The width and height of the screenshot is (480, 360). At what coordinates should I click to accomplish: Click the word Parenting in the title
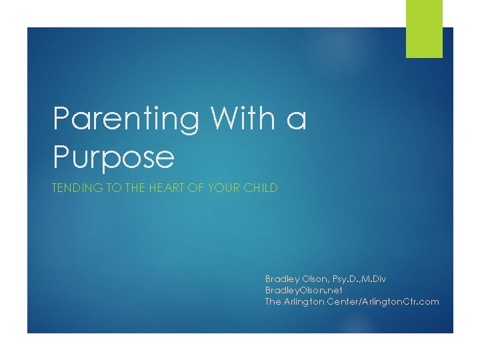coord(126,119)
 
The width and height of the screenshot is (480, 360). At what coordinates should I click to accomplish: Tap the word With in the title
coord(243,117)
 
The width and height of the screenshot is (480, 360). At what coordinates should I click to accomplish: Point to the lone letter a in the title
coord(296,120)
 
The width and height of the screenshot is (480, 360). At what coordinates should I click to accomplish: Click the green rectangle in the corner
coord(424,29)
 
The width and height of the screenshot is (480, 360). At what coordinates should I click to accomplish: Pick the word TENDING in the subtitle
coord(78,187)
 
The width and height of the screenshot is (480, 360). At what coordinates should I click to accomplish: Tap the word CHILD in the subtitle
coord(261,187)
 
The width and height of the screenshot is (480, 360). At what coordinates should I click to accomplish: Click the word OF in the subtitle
coord(196,187)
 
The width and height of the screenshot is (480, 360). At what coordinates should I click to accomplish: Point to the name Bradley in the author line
coord(283,279)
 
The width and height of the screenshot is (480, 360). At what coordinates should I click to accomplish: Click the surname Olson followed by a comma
coord(316,279)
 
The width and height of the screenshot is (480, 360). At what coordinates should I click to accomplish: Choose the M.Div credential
coord(373,279)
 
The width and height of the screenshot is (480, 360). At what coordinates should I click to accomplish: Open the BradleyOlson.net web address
coord(304,290)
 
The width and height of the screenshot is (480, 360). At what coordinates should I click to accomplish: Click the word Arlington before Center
coord(304,302)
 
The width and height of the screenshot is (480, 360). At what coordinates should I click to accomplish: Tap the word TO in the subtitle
coord(114,187)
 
